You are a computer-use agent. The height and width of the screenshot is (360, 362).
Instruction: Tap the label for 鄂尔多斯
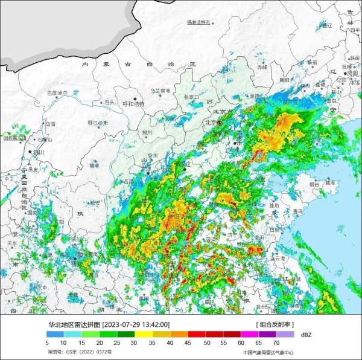coord(97,122)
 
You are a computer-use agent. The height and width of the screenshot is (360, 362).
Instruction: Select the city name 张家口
coord(191,96)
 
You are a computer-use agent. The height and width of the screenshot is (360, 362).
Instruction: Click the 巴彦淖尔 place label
coord(57,93)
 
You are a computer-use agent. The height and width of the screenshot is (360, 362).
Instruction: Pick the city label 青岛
coord(297,211)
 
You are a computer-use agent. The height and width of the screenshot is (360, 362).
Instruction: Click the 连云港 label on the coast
coord(277,257)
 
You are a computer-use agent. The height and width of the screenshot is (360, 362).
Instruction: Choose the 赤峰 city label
coord(262,67)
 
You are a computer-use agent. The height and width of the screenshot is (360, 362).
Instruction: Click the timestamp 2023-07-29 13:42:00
coord(136,324)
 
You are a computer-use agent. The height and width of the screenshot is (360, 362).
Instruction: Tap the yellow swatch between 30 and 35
coord(144,333)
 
